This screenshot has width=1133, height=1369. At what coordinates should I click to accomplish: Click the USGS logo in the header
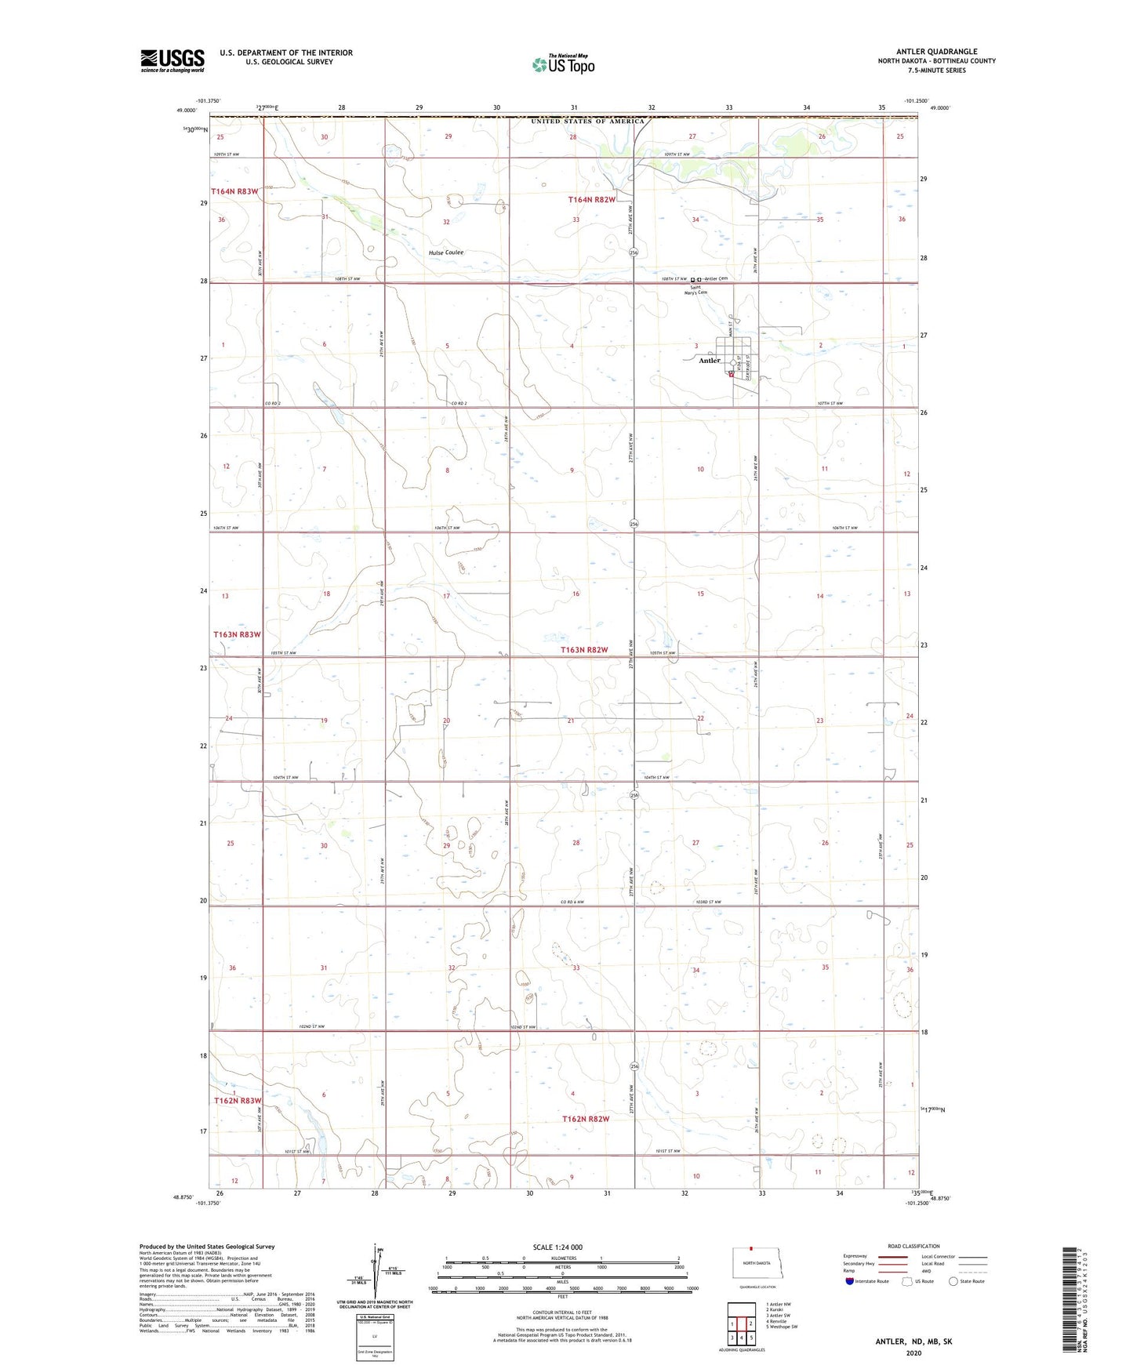pyautogui.click(x=172, y=60)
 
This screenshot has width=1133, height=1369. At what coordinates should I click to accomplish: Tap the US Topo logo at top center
pyautogui.click(x=561, y=64)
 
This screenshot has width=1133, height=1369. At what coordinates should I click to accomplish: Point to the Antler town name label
pyautogui.click(x=709, y=361)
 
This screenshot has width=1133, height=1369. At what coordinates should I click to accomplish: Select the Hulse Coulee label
pyautogui.click(x=445, y=252)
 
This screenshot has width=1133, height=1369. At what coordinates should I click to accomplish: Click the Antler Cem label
pyautogui.click(x=716, y=279)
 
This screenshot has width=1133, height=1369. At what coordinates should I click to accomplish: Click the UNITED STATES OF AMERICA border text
pyautogui.click(x=587, y=122)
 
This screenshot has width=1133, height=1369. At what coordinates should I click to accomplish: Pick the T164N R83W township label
pyautogui.click(x=234, y=191)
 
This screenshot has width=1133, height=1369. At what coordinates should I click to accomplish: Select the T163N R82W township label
pyautogui.click(x=584, y=650)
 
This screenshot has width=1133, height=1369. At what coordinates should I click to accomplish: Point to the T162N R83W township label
pyautogui.click(x=238, y=1101)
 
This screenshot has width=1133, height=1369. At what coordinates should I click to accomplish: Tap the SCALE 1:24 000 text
pyautogui.click(x=562, y=1247)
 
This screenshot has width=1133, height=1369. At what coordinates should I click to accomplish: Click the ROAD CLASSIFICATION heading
pyautogui.click(x=913, y=1246)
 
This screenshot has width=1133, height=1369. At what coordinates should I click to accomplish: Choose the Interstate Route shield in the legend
pyautogui.click(x=852, y=1281)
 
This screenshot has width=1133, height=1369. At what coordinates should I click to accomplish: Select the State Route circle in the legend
pyautogui.click(x=953, y=1281)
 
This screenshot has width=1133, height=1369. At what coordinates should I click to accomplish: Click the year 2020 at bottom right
pyautogui.click(x=913, y=1353)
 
